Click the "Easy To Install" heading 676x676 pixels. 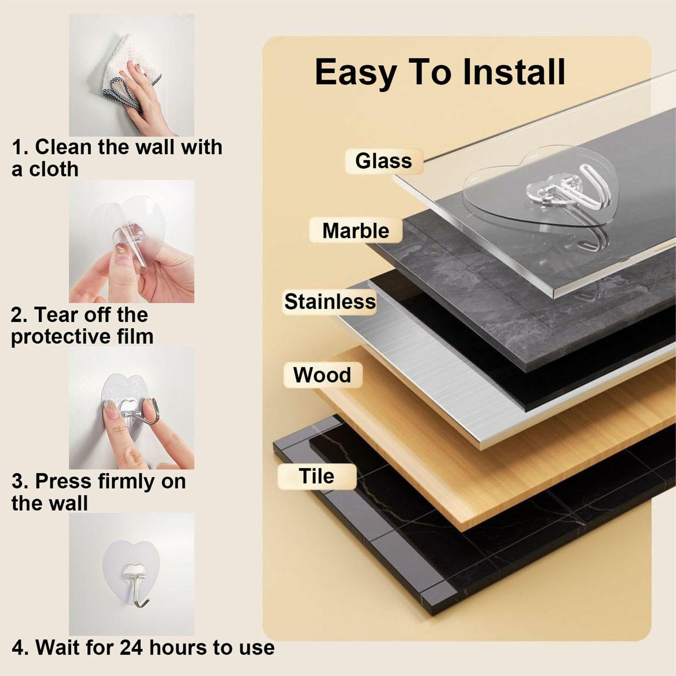440,72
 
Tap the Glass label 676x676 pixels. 384,161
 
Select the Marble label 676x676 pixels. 356,231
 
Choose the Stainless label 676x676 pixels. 330,302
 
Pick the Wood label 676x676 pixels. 322,375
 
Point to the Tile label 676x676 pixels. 316,476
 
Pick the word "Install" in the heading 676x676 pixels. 514,72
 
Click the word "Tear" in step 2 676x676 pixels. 57,315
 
